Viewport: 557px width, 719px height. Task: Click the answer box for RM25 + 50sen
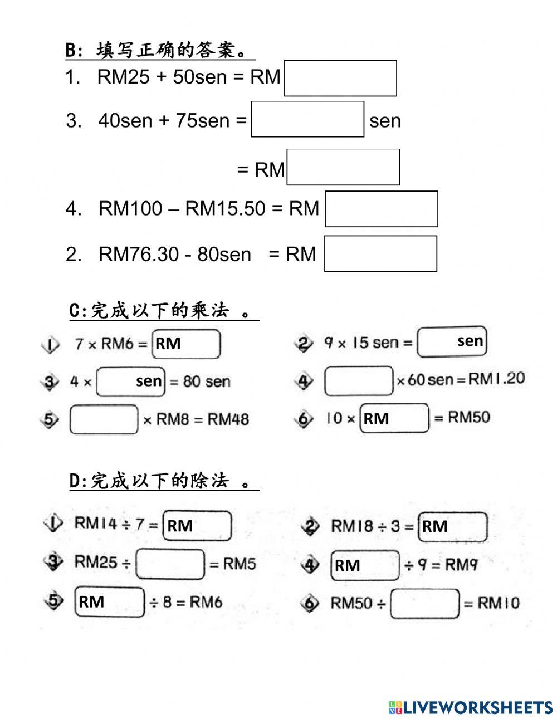click(x=340, y=79)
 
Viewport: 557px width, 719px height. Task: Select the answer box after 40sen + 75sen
click(x=307, y=119)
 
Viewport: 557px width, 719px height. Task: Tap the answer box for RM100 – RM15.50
click(x=381, y=209)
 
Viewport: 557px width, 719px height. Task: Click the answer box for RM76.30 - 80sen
click(x=380, y=254)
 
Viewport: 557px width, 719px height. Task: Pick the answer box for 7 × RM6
click(x=187, y=344)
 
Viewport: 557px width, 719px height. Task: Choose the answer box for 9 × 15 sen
click(x=451, y=341)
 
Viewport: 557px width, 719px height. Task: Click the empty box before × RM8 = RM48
click(x=104, y=419)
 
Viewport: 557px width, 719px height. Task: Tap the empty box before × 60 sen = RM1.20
click(x=359, y=381)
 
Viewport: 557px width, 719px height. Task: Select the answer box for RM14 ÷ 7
click(x=197, y=526)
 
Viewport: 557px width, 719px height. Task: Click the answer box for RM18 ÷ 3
click(x=453, y=527)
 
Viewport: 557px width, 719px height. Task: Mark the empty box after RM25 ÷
click(x=170, y=564)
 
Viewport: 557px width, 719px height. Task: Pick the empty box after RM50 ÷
click(x=425, y=604)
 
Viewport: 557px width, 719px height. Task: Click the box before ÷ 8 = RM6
click(x=110, y=602)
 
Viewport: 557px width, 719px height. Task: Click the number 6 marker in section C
click(x=304, y=419)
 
